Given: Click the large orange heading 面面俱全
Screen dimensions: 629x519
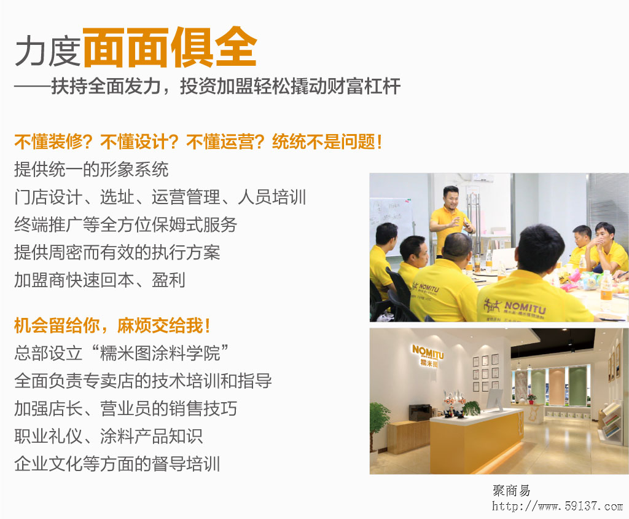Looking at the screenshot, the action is (x=170, y=48).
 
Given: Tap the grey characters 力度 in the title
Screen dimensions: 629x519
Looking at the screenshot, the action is (x=48, y=50).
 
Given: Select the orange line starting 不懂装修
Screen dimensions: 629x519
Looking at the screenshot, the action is (x=198, y=142).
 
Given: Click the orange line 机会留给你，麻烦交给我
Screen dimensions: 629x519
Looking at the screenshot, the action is (x=112, y=325).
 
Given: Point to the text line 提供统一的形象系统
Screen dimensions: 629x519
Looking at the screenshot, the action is (x=91, y=169).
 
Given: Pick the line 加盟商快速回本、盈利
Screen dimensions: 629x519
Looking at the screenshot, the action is (x=100, y=280).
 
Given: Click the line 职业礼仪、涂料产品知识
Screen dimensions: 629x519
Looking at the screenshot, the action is (x=108, y=436).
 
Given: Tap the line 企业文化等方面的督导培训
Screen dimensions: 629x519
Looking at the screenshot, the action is (x=117, y=464).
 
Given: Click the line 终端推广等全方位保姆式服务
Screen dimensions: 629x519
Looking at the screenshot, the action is (x=125, y=224).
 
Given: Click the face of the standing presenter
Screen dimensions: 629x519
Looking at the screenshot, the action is (x=450, y=198).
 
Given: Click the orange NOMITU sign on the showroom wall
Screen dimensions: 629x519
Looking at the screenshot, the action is (x=428, y=355).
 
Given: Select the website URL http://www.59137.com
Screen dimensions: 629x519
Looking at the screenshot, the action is (x=557, y=505).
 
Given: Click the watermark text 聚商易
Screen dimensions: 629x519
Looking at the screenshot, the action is (x=511, y=491).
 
